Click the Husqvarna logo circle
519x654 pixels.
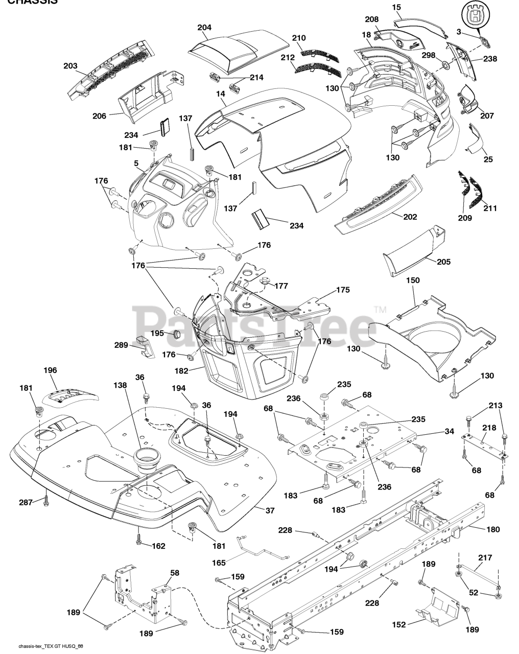[x=477, y=16]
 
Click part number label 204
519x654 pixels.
[x=204, y=28]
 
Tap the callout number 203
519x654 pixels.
[x=70, y=66]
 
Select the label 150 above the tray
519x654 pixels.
[x=413, y=281]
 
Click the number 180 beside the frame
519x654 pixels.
[x=493, y=529]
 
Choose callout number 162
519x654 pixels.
[x=158, y=546]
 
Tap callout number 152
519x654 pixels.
[x=399, y=624]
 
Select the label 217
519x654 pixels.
[x=485, y=557]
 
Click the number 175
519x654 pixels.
[x=343, y=290]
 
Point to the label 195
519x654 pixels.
[x=157, y=333]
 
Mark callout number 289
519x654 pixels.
[x=121, y=345]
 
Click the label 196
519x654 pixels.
[x=50, y=370]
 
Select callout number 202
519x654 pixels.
[x=410, y=217]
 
